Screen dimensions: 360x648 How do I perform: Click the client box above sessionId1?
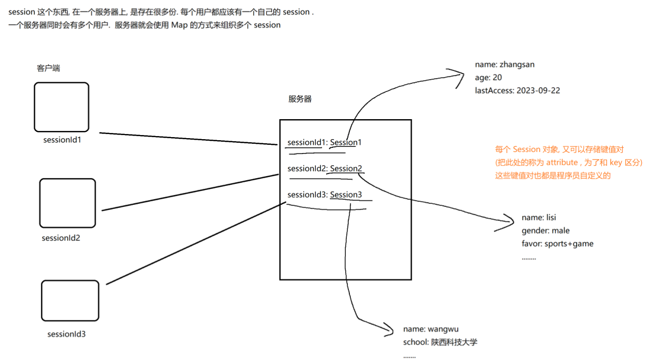pyautogui.click(x=62, y=107)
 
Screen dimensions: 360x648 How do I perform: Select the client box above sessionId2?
pyautogui.click(x=67, y=203)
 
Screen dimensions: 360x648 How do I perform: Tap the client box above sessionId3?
pyautogui.click(x=69, y=300)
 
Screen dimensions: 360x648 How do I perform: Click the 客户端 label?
pyautogui.click(x=48, y=68)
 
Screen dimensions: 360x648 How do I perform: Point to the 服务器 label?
pyautogui.click(x=300, y=99)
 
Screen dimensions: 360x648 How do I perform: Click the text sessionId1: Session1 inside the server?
pyautogui.click(x=324, y=142)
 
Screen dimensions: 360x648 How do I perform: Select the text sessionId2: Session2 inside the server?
pyautogui.click(x=325, y=168)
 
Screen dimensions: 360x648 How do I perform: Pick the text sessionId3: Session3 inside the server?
pyautogui.click(x=325, y=195)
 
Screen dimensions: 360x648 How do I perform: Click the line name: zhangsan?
pyautogui.click(x=505, y=65)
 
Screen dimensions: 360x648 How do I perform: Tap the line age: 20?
pyautogui.click(x=488, y=78)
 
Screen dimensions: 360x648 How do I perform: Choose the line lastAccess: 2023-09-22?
pyautogui.click(x=517, y=90)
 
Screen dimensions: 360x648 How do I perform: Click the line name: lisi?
pyautogui.click(x=539, y=218)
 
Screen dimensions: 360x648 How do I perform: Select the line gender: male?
pyautogui.click(x=545, y=231)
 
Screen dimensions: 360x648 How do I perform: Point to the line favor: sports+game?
pyautogui.click(x=557, y=243)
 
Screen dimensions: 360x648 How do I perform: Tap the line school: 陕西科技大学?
pyautogui.click(x=440, y=342)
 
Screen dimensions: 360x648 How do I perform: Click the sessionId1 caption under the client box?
pyautogui.click(x=62, y=139)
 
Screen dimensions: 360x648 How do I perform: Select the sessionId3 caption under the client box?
pyautogui.click(x=66, y=334)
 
